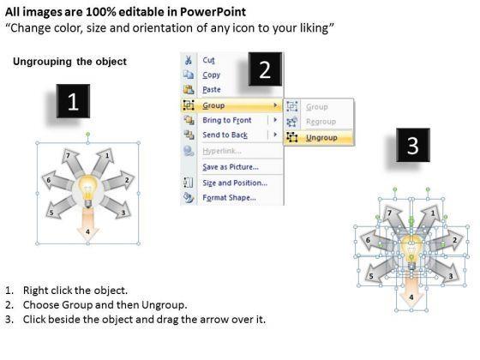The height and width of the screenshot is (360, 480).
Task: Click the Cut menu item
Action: pos(208,60)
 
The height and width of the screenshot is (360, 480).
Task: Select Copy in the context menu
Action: pos(211,75)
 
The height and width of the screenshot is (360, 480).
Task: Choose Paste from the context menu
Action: pos(212,89)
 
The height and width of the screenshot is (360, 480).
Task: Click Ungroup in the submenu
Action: pos(321,138)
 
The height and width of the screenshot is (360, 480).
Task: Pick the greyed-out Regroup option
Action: pos(321,122)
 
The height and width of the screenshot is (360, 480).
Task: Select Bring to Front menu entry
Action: pos(227,120)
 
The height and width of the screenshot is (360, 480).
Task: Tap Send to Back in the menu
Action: pos(225,135)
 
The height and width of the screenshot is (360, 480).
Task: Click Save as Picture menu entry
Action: pos(231,167)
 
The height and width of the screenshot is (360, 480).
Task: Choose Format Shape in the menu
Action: pos(230,197)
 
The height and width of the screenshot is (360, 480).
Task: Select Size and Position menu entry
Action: pos(235,183)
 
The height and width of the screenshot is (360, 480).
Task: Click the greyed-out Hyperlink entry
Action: pos(222,151)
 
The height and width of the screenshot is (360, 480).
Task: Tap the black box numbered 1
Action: pos(73,101)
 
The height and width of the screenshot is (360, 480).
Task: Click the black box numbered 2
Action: pos(265,69)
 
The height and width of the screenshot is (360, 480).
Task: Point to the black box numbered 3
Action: pos(413,145)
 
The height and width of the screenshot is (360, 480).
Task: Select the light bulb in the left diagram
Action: pos(88,190)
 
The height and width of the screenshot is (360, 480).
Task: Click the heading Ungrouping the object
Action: pos(69,62)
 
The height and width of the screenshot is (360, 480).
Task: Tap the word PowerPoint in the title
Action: pos(213,12)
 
